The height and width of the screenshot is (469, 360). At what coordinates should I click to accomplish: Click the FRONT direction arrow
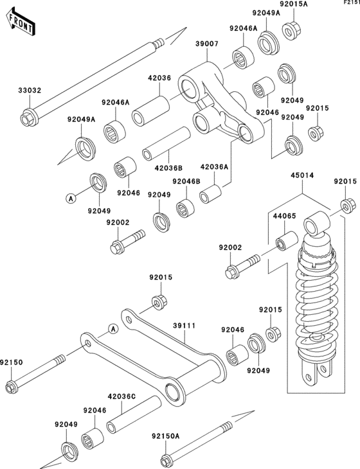[21, 22]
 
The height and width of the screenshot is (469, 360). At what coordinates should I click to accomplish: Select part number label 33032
[30, 91]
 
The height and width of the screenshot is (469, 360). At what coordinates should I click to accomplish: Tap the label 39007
[207, 44]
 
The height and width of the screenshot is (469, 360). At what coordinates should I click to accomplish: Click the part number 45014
[302, 175]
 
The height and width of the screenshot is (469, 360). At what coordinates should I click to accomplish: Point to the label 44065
[284, 216]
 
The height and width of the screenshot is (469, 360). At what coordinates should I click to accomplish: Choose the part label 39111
[184, 326]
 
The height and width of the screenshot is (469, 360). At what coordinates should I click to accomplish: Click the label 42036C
[122, 396]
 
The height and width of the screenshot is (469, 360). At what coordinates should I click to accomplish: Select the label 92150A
[165, 436]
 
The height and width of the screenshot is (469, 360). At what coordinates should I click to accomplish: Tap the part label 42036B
[168, 168]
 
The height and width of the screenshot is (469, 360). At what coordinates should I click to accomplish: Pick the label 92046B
[186, 182]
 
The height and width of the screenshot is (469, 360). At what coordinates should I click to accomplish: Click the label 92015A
[294, 4]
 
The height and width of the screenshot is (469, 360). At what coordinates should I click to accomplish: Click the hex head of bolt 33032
[27, 119]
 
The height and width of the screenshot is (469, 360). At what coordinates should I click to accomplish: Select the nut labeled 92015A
[291, 31]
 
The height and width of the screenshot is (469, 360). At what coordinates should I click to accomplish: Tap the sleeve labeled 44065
[287, 242]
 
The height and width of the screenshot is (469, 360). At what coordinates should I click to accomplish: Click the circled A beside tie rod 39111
[113, 329]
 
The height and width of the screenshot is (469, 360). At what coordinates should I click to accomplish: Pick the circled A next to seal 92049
[71, 198]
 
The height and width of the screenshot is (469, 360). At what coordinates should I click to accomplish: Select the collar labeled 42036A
[210, 194]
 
